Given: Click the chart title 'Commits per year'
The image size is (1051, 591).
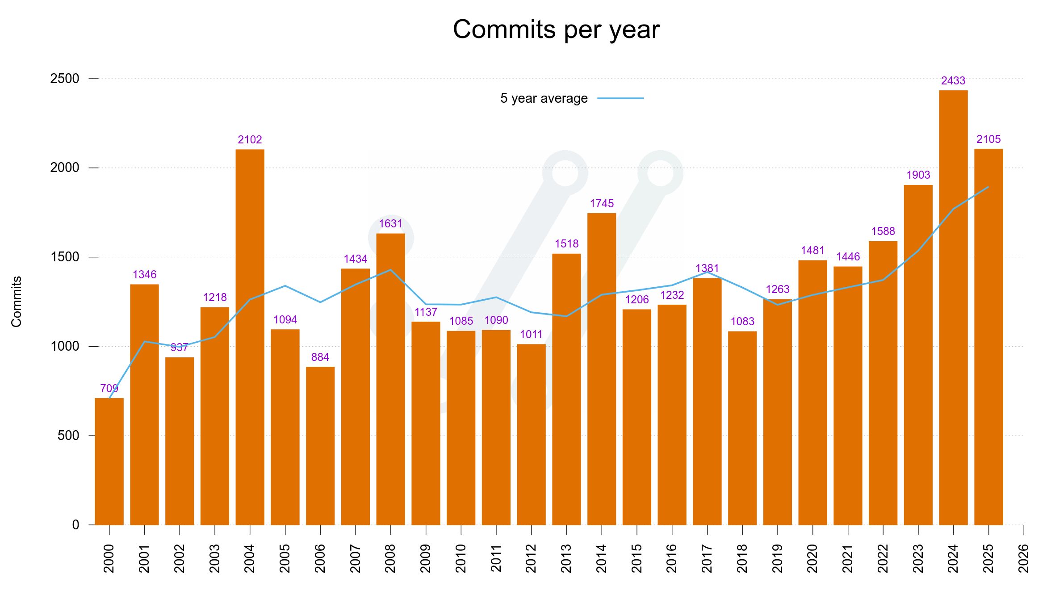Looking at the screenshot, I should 556,29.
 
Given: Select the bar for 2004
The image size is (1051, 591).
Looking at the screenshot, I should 250,337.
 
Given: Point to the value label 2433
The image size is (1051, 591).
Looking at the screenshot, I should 953,81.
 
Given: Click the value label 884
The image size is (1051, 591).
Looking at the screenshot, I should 320,357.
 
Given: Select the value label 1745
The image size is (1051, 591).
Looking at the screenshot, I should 602,204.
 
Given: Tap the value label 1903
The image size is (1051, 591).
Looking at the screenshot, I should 918,175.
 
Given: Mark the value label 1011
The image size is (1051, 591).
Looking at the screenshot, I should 531,335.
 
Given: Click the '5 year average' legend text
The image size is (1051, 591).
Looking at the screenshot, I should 544,98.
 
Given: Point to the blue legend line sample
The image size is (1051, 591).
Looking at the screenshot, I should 620,98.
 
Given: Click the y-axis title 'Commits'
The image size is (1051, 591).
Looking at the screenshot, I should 17,302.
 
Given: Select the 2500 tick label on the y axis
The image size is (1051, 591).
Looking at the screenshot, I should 64,79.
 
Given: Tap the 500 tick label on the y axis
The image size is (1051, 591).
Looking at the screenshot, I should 68,436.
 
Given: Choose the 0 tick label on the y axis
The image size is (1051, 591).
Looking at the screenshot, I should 75,525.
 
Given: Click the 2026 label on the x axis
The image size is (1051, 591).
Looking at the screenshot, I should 1023,558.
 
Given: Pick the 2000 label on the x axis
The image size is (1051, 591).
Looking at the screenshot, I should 109,558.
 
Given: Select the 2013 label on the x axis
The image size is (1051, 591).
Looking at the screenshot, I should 566,558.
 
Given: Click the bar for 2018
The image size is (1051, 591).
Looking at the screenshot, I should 742,428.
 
